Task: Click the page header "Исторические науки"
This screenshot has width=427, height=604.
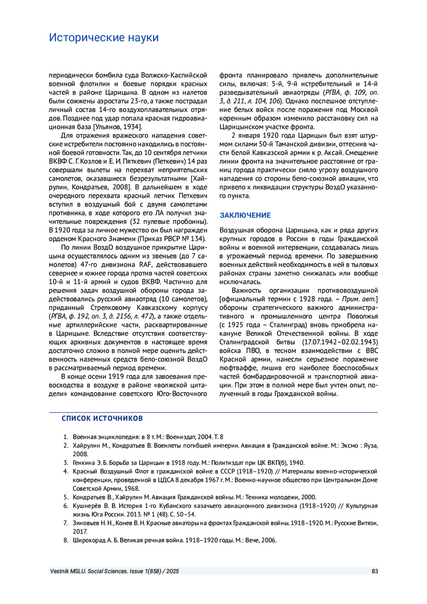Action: click(104, 37)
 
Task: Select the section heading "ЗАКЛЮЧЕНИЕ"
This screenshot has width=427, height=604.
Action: click(245, 215)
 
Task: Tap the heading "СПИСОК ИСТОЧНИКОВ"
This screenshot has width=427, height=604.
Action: click(102, 418)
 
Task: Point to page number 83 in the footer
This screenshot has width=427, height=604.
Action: click(375, 571)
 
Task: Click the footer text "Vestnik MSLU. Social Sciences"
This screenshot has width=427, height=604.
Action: click(89, 571)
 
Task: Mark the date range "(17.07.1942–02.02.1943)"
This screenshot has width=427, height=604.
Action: click(340, 342)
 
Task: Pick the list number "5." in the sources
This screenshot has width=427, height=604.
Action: click(66, 497)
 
